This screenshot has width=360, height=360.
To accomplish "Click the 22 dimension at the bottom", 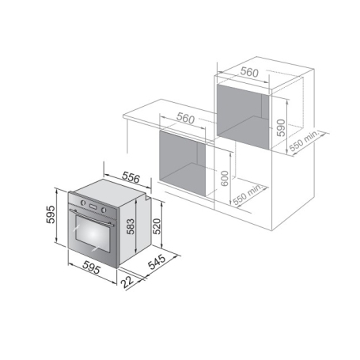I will click(x=127, y=291).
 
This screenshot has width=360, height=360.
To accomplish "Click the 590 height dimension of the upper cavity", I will click(x=279, y=128).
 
